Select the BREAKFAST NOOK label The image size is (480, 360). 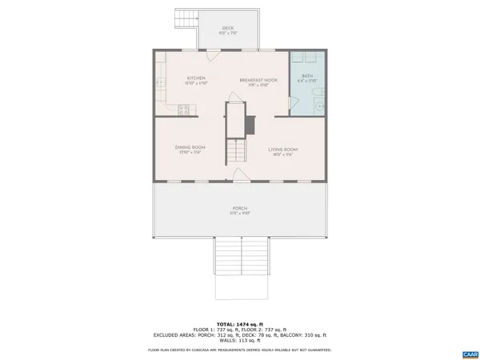(258, 81)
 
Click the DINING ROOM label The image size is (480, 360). (190, 148)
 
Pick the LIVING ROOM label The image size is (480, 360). (283, 150)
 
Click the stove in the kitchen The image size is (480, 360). (183, 109)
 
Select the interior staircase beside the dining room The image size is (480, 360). (235, 148)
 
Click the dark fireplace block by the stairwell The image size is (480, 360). (250, 124)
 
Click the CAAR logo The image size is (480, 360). (469, 354)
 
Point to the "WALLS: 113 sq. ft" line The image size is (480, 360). (240, 339)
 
